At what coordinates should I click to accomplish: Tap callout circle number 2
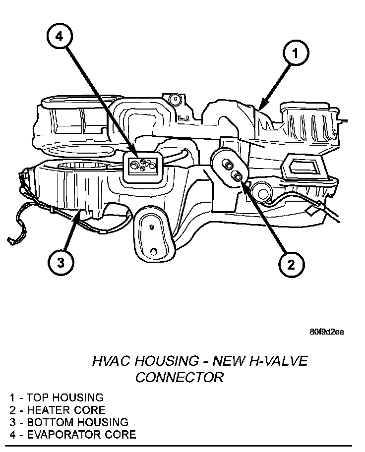(290, 264)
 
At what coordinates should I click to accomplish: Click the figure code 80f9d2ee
(327, 332)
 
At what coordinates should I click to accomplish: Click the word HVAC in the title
(109, 361)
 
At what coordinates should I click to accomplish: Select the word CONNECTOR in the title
(179, 378)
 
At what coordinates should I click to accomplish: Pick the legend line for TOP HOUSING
(56, 397)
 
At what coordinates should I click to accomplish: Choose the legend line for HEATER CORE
(57, 410)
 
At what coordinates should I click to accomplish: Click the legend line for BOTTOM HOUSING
(68, 422)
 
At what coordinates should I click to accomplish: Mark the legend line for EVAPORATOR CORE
(72, 435)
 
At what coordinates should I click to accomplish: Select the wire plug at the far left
(10, 241)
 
